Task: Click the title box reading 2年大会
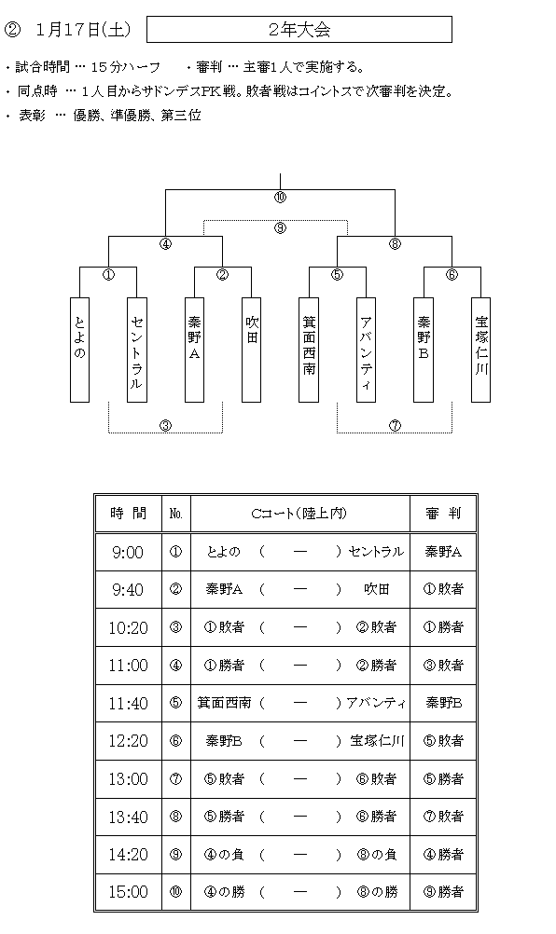point(299,30)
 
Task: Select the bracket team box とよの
point(80,350)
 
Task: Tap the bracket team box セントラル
point(137,350)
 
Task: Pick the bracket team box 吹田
point(252,350)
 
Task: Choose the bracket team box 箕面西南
point(309,350)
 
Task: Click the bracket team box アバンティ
point(366,350)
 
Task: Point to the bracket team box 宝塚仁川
point(481,350)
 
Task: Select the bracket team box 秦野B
point(424,350)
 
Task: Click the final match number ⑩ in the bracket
point(280,198)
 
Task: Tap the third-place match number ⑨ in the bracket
point(280,228)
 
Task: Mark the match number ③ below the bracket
point(166,425)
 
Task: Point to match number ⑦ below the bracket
point(396,425)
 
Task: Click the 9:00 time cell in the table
point(128,553)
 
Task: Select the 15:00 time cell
point(128,892)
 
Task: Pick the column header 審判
point(443,514)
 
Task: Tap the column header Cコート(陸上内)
point(299,514)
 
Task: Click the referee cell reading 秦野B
point(443,703)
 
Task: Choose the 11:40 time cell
point(128,704)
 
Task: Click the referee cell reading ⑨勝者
point(443,892)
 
